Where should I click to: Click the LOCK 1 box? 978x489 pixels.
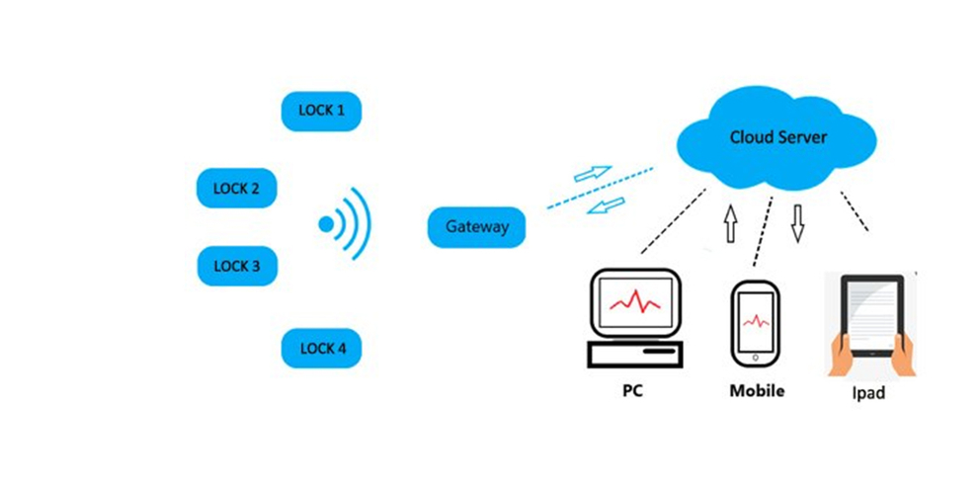(321, 111)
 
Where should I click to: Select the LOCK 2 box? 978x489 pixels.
(236, 188)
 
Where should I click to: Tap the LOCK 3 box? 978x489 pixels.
(236, 266)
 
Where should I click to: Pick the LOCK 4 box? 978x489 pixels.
(321, 348)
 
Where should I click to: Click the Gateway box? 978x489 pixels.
(476, 227)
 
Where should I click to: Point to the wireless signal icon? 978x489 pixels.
(346, 224)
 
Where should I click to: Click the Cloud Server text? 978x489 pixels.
(777, 137)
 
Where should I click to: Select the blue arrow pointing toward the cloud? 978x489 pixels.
(593, 173)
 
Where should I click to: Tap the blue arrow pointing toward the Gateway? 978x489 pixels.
(609, 205)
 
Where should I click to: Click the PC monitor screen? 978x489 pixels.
(635, 303)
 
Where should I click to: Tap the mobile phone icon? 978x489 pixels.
(756, 321)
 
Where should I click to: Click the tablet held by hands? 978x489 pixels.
(870, 316)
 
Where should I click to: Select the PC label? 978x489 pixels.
(633, 390)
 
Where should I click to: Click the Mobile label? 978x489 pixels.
(757, 390)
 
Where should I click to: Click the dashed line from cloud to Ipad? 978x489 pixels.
(855, 210)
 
